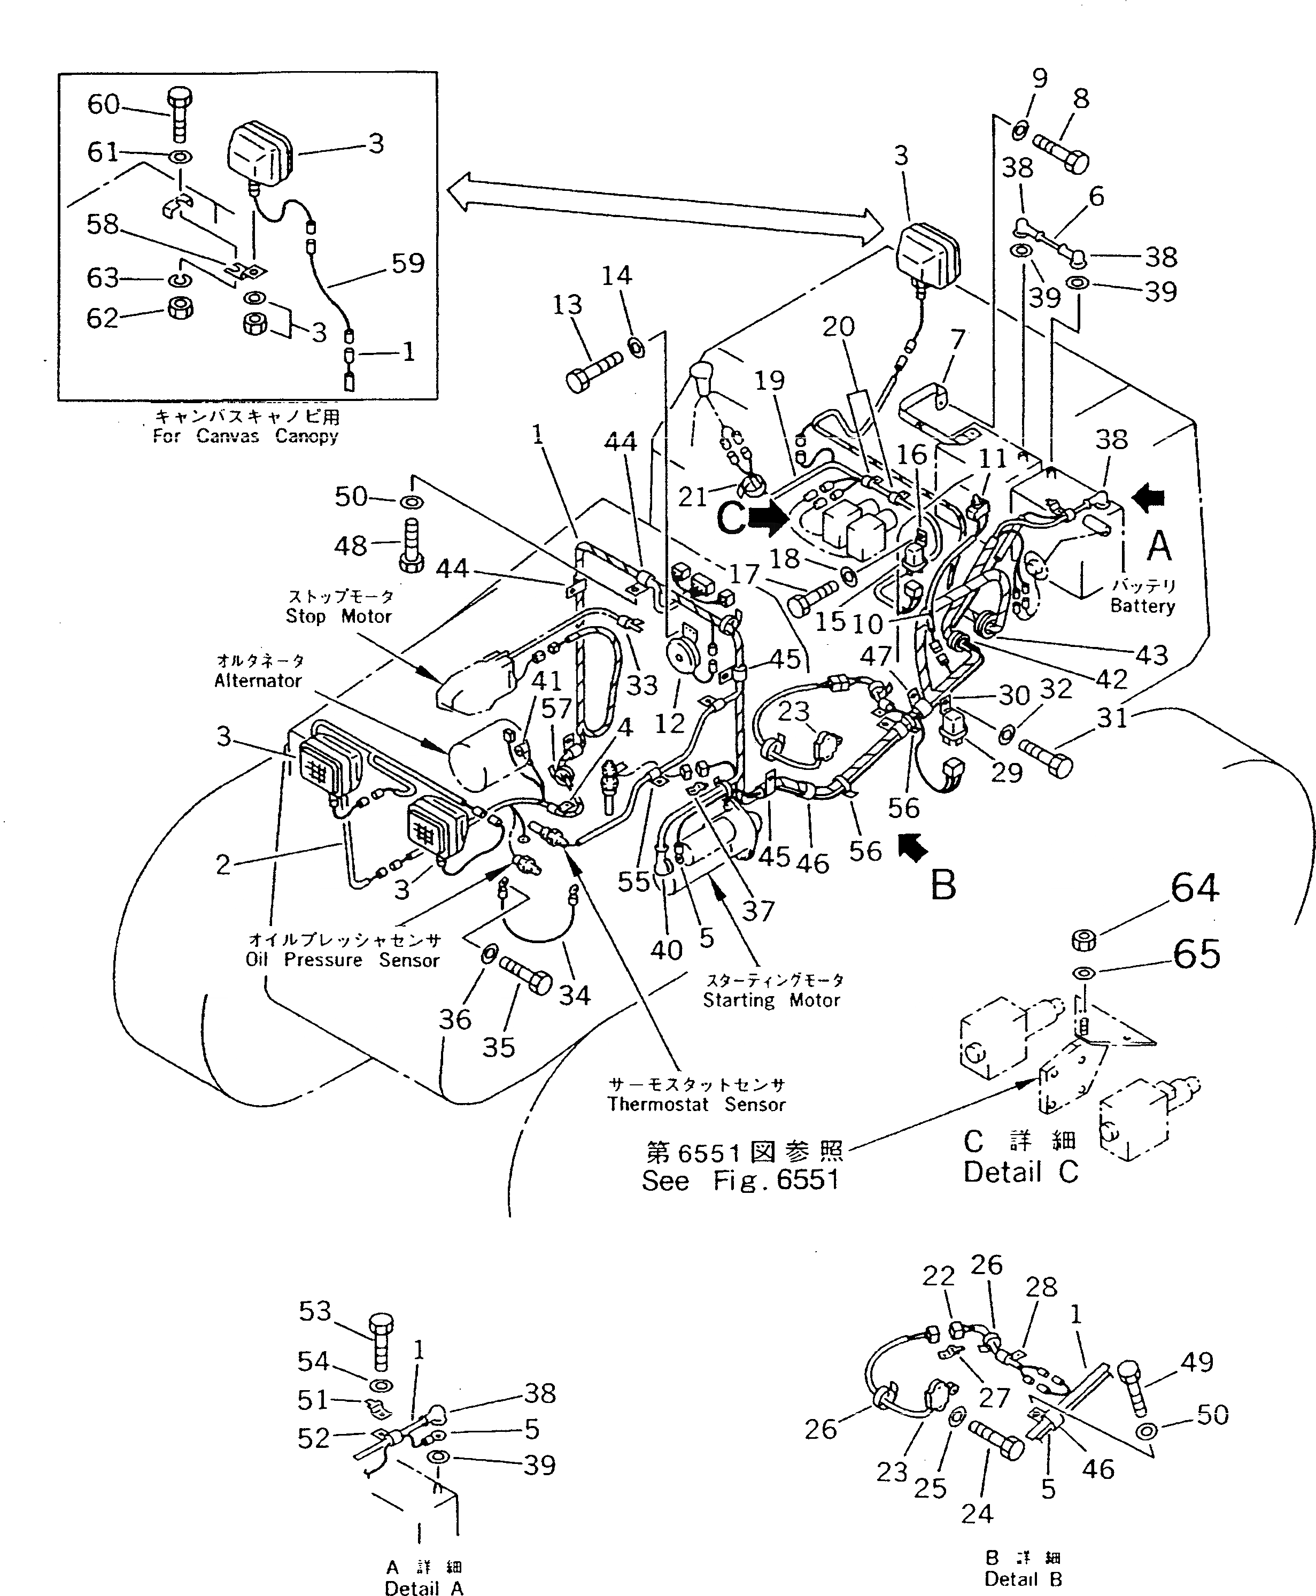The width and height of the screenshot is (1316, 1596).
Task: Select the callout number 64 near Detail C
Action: (x=1195, y=888)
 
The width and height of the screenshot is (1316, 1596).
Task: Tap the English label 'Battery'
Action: (x=1142, y=606)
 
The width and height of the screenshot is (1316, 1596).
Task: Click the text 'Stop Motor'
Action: (x=338, y=616)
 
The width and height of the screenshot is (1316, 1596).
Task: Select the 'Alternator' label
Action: (x=258, y=681)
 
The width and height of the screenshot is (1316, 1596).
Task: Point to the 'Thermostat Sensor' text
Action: (x=696, y=1105)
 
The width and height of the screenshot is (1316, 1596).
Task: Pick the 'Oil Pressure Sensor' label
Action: (x=342, y=960)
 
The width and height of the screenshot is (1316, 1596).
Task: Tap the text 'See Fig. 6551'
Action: (x=740, y=1181)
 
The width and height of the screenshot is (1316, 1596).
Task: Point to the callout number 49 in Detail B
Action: (x=1197, y=1362)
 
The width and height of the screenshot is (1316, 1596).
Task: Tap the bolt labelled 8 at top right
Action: (x=1061, y=152)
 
